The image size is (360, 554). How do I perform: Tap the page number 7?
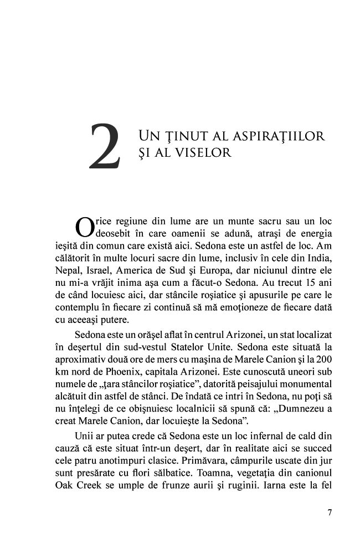pyautogui.click(x=330, y=512)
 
